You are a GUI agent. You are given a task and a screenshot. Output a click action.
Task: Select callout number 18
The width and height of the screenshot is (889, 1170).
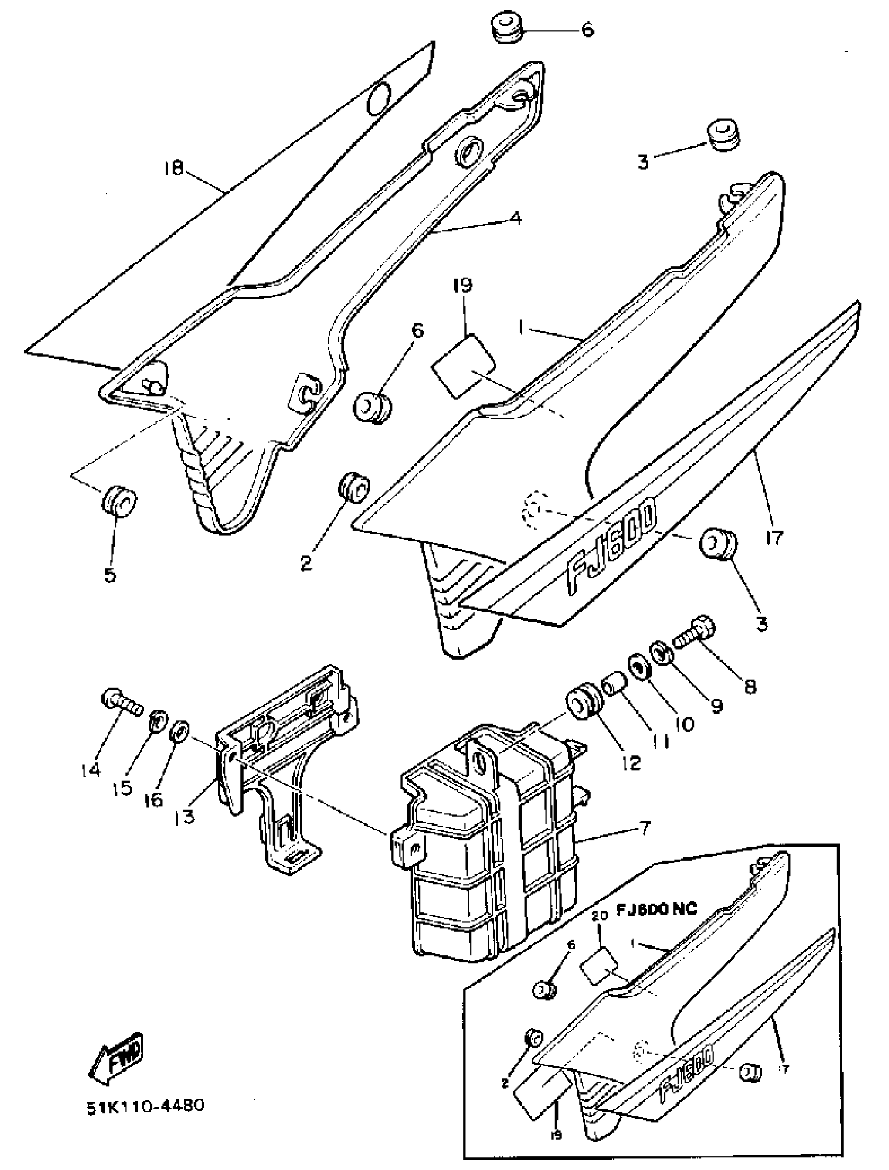pyautogui.click(x=173, y=169)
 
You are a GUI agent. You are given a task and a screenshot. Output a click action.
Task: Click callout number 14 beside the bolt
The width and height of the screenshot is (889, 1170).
pyautogui.click(x=90, y=769)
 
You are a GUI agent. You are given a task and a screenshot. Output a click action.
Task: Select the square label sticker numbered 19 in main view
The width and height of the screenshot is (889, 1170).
pyautogui.click(x=463, y=366)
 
